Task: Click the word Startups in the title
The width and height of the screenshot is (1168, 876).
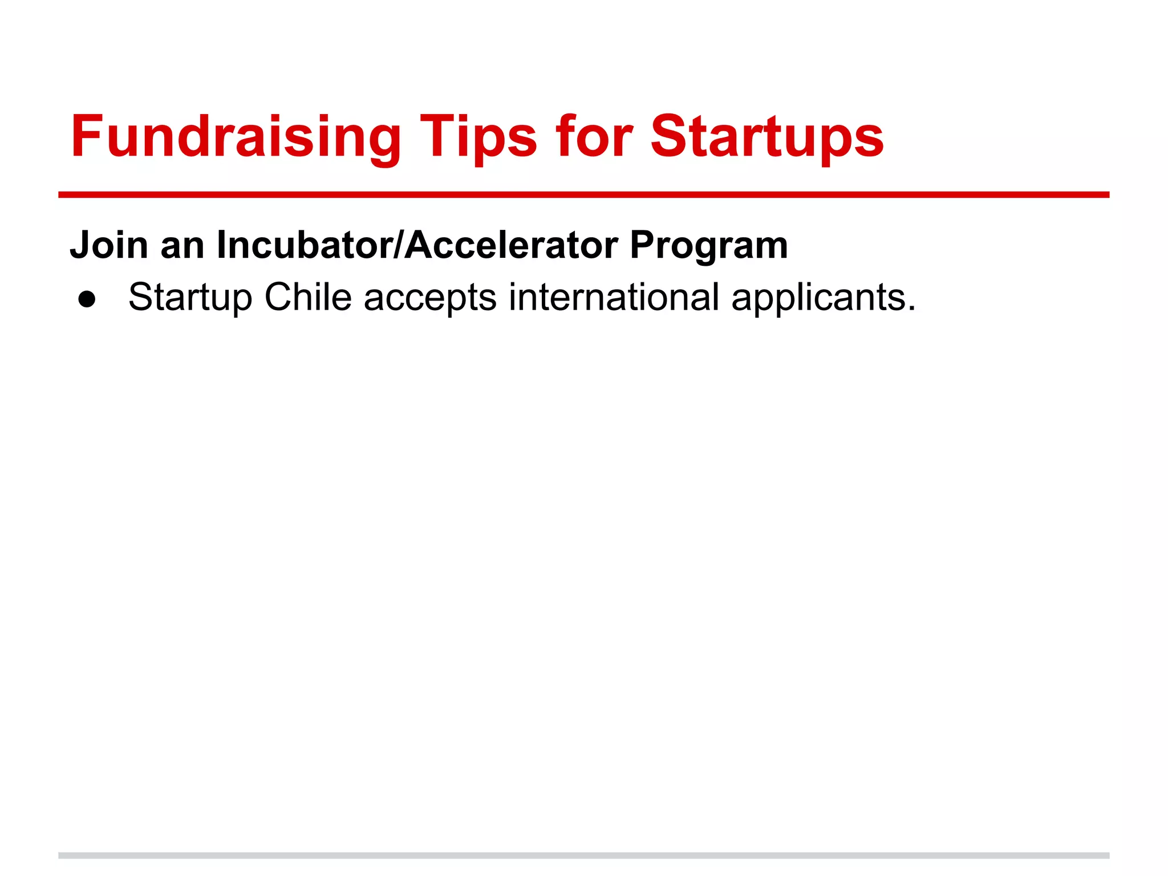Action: [767, 137]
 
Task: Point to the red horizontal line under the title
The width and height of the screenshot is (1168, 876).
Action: [583, 195]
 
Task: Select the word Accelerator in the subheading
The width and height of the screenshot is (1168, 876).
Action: [511, 245]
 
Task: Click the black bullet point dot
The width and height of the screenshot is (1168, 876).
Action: [87, 299]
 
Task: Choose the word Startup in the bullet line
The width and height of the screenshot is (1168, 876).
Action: [190, 298]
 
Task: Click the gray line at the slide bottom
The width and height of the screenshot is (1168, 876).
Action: [583, 855]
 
